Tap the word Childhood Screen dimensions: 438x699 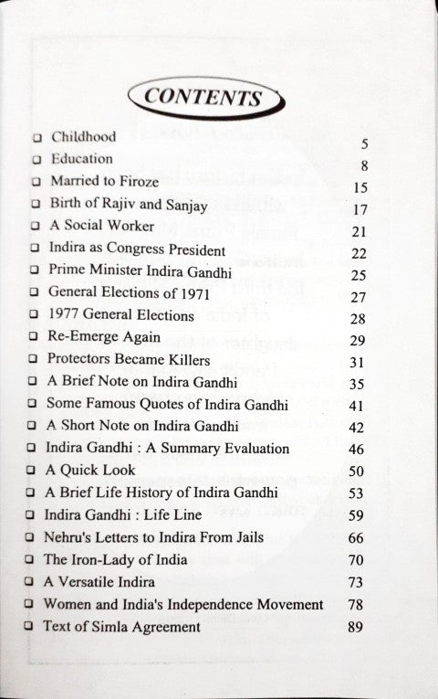83,137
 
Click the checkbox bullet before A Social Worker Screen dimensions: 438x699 34,226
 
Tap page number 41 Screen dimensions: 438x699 357,404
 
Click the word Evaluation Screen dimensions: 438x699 256,449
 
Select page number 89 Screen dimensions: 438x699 356,627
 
